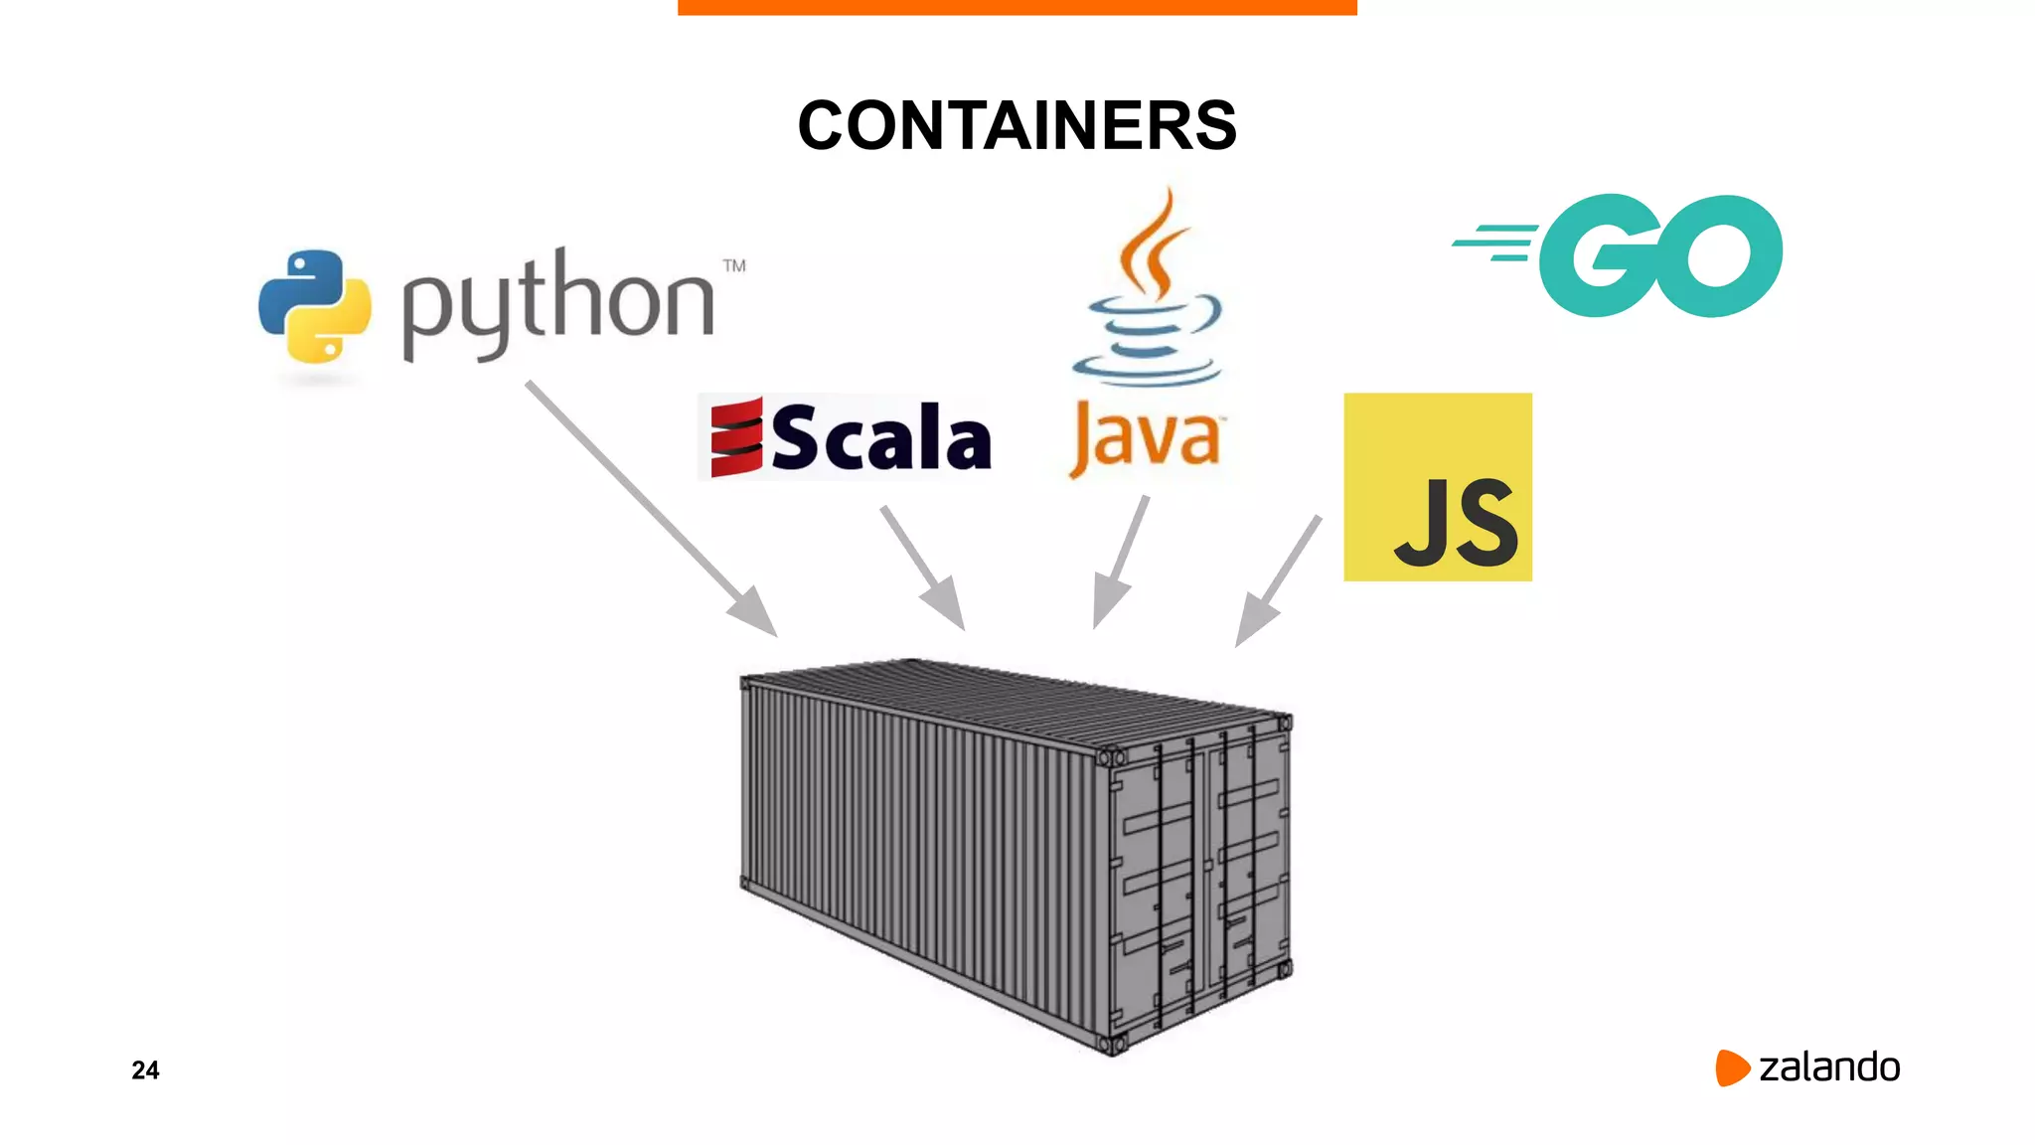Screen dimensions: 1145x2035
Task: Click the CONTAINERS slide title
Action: point(1017,126)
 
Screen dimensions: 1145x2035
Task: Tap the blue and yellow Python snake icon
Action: point(315,305)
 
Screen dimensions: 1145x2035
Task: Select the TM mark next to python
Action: point(734,265)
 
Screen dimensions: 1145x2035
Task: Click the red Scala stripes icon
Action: point(736,437)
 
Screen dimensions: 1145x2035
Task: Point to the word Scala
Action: point(881,438)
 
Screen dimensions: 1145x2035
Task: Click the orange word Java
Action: point(1145,438)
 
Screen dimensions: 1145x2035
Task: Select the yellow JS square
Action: point(1437,486)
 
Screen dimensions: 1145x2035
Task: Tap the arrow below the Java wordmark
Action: point(1121,563)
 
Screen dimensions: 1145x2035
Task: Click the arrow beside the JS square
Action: point(1278,580)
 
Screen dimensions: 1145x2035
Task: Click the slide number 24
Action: point(145,1069)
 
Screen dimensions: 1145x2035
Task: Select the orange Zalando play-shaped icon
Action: point(1731,1067)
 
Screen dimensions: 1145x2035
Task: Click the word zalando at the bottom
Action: point(1828,1067)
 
